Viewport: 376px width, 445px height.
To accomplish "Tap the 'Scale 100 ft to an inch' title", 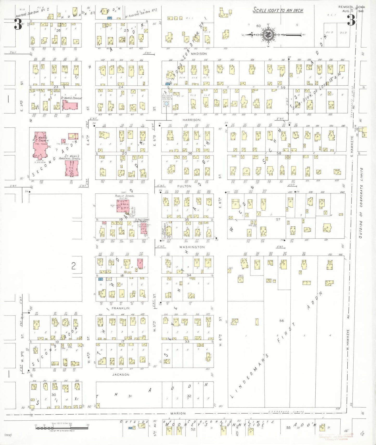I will (x=278, y=10).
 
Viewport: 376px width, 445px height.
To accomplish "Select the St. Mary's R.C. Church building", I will (x=40, y=147).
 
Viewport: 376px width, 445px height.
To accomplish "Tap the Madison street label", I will (x=199, y=54).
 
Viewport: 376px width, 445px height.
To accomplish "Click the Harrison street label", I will (x=192, y=120).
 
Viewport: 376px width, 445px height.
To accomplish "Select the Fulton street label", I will (x=184, y=186).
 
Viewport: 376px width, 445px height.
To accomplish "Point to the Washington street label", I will (x=192, y=247).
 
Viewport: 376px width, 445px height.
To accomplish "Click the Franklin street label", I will (x=120, y=308).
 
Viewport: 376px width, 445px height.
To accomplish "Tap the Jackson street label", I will (x=121, y=375).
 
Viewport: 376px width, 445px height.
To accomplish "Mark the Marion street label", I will (x=178, y=413).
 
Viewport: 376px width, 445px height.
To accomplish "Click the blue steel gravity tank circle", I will (x=166, y=104).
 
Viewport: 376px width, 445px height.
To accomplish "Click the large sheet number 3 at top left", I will (x=18, y=25).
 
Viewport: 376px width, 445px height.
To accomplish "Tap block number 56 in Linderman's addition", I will (x=282, y=321).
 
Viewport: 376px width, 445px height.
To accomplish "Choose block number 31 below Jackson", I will (x=130, y=396).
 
